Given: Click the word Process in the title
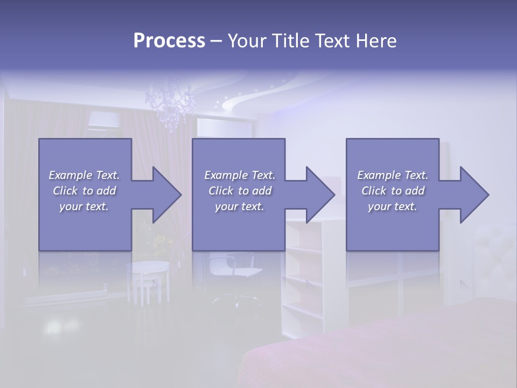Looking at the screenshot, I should click(169, 41).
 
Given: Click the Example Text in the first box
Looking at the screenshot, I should click(84, 175).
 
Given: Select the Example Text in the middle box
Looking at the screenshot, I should click(239, 175).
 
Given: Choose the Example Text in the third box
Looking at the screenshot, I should click(393, 175).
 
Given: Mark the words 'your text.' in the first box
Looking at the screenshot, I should click(84, 206).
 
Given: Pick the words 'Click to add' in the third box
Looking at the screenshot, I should click(393, 191).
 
